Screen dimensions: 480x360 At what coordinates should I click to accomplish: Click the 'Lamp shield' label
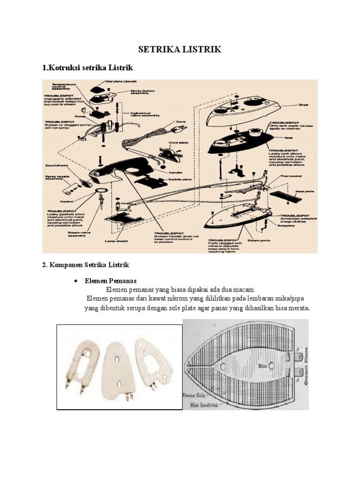click(x=117, y=241)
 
